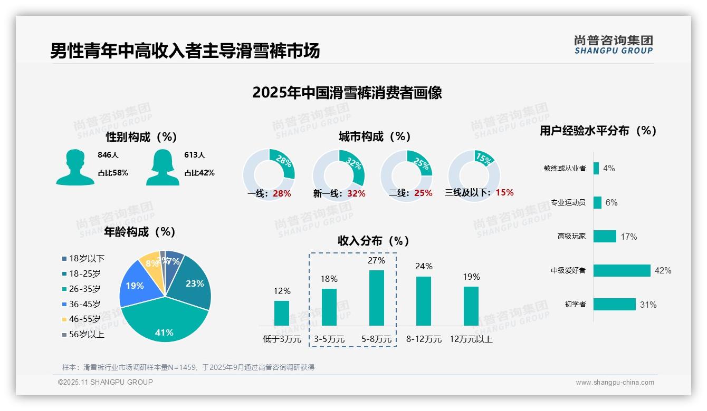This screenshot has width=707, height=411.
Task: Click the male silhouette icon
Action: point(75,168)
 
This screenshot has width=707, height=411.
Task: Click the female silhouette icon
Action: point(163,168)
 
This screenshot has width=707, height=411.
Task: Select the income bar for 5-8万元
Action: point(376,298)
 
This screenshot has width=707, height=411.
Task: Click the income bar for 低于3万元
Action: point(282,313)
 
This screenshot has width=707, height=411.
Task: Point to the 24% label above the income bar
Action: point(424,267)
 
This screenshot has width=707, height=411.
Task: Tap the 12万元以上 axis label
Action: point(471,339)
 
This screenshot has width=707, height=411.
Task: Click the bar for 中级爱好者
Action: point(622,270)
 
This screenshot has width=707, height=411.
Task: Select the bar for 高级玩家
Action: point(605,237)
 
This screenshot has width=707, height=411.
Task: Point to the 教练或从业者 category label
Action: point(565,169)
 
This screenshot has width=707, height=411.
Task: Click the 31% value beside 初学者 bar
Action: point(648,305)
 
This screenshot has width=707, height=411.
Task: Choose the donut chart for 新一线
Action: point(338,175)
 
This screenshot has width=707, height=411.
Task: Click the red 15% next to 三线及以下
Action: point(504,192)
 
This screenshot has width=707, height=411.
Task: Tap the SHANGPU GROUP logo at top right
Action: point(614,45)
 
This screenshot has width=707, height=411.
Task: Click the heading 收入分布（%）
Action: point(374,241)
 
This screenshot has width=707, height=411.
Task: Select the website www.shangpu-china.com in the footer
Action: point(615,383)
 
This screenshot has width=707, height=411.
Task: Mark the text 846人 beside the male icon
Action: point(108,155)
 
